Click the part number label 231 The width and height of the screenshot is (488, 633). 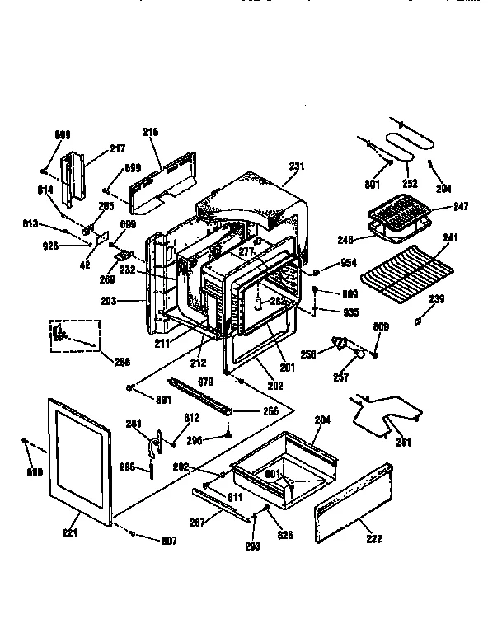coord(296,166)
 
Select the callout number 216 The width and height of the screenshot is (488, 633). coord(150,132)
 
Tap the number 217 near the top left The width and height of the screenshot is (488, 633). coord(117,149)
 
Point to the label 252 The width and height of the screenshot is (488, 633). coord(410,183)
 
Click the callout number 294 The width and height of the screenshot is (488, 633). coord(443,187)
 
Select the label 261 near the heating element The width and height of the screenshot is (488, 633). coord(402,443)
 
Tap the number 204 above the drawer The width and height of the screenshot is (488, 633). coord(321,420)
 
